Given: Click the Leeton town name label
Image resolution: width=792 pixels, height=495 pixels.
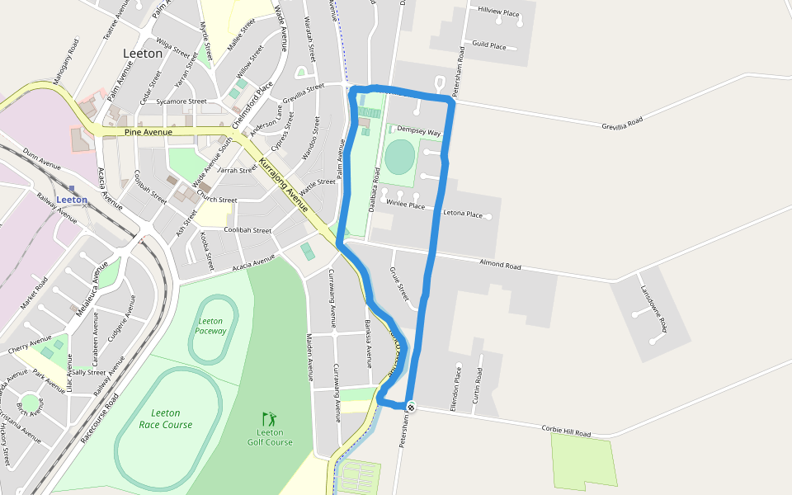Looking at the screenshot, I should tap(142, 54).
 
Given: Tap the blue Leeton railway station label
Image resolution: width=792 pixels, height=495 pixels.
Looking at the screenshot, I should tap(72, 200).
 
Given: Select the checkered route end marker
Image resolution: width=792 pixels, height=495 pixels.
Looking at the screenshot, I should tap(411, 406).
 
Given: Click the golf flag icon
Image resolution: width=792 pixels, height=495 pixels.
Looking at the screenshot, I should tap(268, 419).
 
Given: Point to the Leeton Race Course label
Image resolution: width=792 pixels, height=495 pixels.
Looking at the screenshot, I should tap(165, 419).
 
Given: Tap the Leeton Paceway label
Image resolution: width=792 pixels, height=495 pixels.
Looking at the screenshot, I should tap(210, 326).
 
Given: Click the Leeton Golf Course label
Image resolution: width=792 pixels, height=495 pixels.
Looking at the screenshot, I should tap(270, 437).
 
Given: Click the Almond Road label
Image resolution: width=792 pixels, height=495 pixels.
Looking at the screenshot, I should tap(501, 266).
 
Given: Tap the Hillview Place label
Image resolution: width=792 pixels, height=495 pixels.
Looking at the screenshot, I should tap(498, 13).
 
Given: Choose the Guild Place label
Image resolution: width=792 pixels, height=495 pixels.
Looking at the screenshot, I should tap(488, 46).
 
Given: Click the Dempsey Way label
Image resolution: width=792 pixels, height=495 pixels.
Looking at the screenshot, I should tap(419, 132).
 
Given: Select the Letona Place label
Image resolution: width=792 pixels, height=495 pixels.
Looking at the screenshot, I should tap(463, 214).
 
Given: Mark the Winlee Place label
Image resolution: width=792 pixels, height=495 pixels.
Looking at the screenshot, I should tap(405, 205).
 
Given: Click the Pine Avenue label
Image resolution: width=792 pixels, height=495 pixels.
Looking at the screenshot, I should tap(148, 132).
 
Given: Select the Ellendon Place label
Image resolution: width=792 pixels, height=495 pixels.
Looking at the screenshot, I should tap(455, 380).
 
